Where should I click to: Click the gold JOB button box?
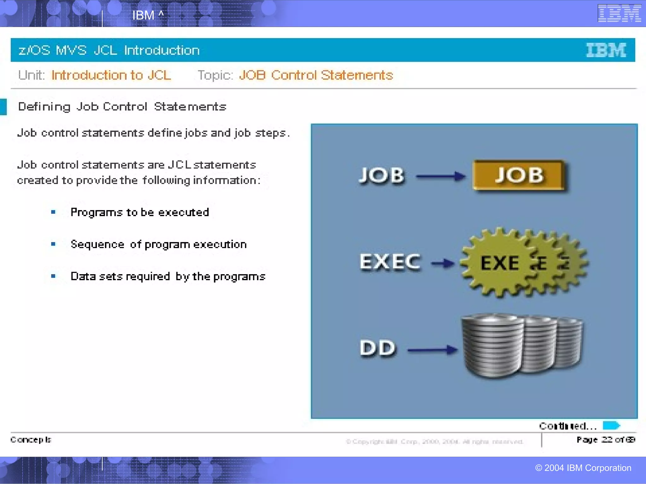tap(519, 175)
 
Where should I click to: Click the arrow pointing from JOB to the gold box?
tap(441, 176)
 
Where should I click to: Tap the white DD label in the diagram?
tap(377, 348)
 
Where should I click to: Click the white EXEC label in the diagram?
tap(390, 262)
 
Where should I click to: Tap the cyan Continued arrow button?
tap(611, 425)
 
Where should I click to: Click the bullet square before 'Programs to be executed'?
tap(53, 212)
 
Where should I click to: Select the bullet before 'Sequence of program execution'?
tap(53, 244)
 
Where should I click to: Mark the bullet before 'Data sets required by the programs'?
tap(53, 276)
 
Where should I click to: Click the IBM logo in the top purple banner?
tap(619, 13)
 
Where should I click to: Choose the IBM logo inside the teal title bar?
tap(606, 50)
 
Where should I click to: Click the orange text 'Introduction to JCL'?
tap(111, 75)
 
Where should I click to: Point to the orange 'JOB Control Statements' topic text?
tap(316, 75)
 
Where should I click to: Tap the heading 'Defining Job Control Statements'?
tap(122, 107)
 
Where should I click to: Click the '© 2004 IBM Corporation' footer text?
tap(583, 468)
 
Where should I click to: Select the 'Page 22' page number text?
tap(605, 440)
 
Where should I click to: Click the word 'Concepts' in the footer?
tap(31, 440)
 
